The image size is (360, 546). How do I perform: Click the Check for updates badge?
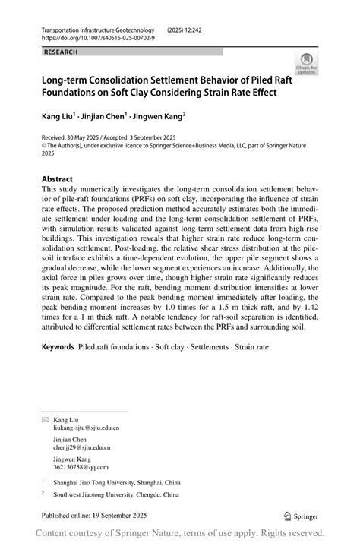tap(306, 64)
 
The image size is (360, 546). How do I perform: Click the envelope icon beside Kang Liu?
tap(45, 419)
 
